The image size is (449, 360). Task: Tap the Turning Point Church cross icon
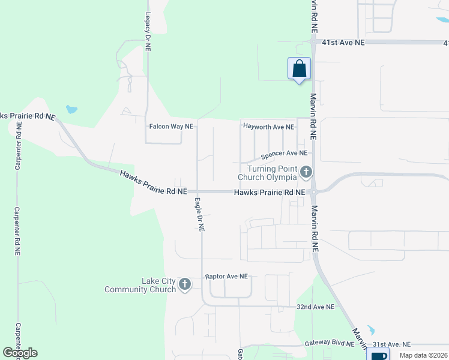click(306, 173)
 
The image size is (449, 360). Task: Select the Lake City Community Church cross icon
click(185, 284)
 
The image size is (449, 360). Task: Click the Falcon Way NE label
click(171, 127)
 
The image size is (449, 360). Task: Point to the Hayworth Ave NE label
click(268, 127)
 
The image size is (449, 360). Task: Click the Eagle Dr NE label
click(199, 215)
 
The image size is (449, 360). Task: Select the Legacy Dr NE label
click(147, 33)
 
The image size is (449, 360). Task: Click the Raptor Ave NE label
click(226, 277)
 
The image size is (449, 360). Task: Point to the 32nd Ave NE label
click(315, 306)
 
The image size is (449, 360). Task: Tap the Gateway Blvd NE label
click(329, 343)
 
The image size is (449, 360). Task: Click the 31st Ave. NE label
click(391, 344)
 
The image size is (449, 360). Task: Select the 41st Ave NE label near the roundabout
click(343, 43)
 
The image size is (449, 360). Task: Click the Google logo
click(20, 352)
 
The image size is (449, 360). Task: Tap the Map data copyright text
click(423, 355)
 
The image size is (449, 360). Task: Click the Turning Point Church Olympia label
click(267, 173)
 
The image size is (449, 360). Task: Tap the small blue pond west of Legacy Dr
click(71, 110)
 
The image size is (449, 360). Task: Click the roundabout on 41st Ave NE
click(313, 42)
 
